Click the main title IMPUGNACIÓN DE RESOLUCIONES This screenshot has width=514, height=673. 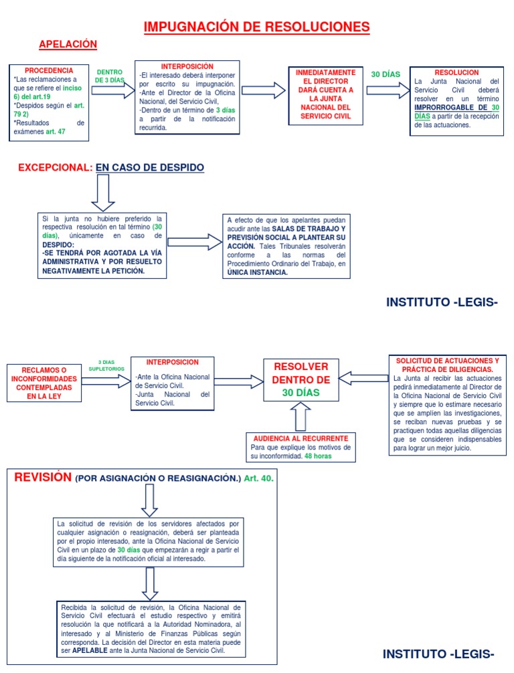pos(257,27)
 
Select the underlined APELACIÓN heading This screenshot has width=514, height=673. pos(68,45)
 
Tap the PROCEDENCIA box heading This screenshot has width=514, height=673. pos(49,70)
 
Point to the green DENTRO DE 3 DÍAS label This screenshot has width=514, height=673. pos(110,76)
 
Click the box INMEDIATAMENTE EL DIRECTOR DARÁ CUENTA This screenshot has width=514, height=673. pos(325,94)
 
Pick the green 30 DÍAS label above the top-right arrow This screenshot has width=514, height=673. pos(385,74)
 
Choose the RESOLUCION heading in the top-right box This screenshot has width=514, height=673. pos(456,72)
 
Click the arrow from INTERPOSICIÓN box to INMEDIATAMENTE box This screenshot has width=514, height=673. pos(263,91)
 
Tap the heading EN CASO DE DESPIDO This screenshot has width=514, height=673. pos(149,167)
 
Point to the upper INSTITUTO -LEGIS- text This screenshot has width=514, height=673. pos(442,302)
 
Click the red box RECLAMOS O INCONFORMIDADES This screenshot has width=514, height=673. pos(44,383)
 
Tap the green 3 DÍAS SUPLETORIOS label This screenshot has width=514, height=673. pos(106,365)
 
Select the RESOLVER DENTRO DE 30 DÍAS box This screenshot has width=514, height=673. pos(301,379)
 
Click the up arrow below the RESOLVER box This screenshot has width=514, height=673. pos(301,418)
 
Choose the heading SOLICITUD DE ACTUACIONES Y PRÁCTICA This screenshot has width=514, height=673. pos(447,365)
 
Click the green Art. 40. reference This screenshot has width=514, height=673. pos(258,479)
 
